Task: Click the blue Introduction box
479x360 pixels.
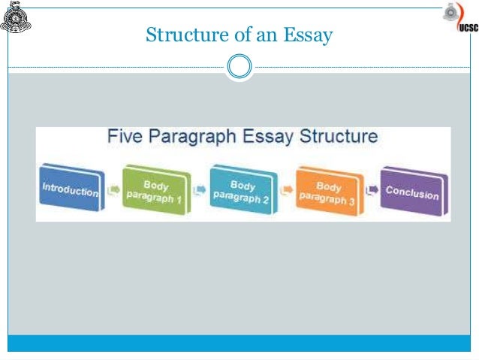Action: (70, 189)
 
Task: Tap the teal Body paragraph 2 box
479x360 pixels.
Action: (243, 191)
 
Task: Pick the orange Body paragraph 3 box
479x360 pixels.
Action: (329, 192)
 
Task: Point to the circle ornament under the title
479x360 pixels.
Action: (239, 67)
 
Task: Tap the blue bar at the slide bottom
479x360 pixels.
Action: (239, 343)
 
